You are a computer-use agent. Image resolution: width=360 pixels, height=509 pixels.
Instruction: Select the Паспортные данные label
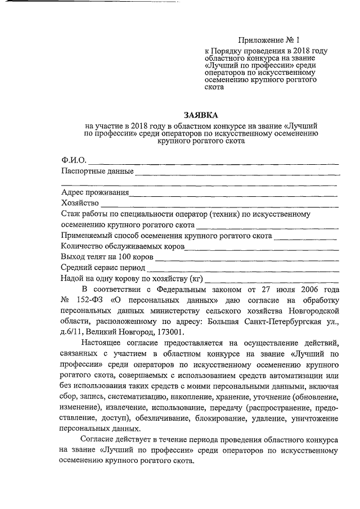(97, 170)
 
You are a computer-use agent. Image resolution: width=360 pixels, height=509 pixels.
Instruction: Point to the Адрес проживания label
(94, 192)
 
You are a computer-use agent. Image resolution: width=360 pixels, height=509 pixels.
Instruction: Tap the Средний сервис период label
(103, 268)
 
